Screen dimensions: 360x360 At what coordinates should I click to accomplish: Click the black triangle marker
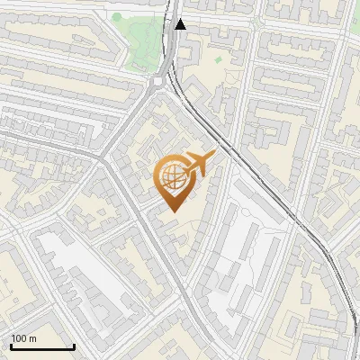[181, 24]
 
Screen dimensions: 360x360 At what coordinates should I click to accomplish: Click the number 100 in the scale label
[19, 338]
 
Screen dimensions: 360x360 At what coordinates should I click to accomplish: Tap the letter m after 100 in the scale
[32, 338]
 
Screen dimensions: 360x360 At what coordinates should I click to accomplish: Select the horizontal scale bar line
[42, 346]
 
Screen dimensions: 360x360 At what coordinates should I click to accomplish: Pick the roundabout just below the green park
[159, 82]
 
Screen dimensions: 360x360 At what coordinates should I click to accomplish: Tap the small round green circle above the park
[117, 16]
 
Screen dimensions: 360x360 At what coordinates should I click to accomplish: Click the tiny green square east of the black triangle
[218, 59]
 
